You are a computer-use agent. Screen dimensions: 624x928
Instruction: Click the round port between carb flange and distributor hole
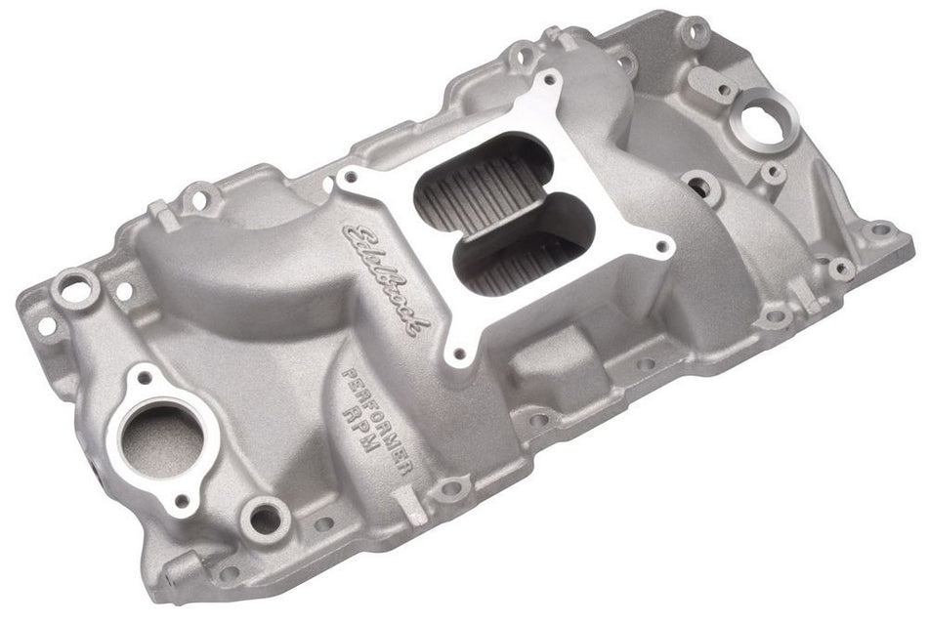700,186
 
